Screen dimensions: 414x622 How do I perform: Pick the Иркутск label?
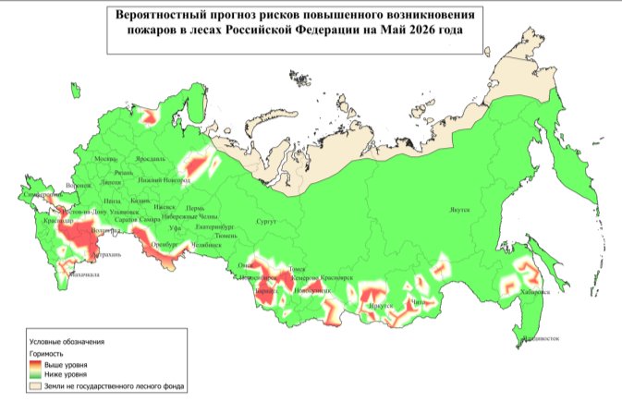click(381, 306)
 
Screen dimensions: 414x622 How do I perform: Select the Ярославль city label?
click(150, 159)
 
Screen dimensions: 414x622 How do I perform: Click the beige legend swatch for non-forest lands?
click(36, 387)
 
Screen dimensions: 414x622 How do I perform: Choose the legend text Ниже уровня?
click(66, 376)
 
